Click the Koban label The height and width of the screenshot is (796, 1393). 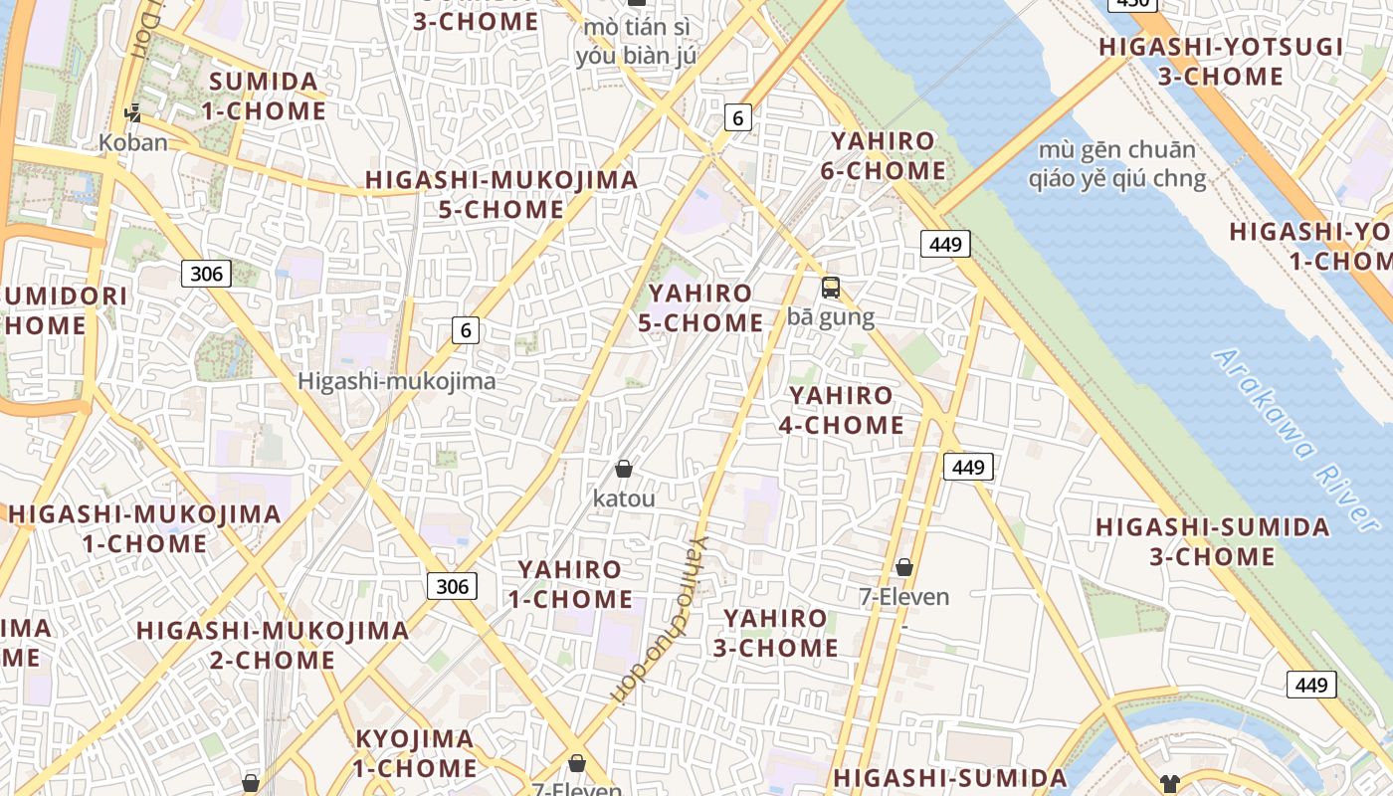133,142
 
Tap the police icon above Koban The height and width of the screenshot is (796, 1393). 132,113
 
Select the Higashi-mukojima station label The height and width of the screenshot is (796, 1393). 397,381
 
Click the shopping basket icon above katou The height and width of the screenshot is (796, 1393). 624,469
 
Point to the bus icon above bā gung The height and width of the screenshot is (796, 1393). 831,289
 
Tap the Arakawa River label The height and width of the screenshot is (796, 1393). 1294,439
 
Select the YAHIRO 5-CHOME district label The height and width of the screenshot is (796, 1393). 700,308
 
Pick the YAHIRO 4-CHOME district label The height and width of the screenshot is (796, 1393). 841,410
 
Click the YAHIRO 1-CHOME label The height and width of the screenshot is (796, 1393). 570,584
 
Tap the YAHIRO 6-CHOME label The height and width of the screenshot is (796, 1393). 883,155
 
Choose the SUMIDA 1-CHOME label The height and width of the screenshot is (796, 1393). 264,96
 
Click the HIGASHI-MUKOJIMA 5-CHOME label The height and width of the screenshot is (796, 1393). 501,194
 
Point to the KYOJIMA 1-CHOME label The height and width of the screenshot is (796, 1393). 415,753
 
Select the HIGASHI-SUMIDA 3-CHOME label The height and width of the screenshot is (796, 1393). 1213,541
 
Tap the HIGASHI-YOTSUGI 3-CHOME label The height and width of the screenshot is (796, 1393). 1221,61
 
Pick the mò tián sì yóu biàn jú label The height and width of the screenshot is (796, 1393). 637,41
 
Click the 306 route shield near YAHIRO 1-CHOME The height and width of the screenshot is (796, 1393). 452,586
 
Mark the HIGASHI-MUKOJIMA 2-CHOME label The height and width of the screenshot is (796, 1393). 273,645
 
